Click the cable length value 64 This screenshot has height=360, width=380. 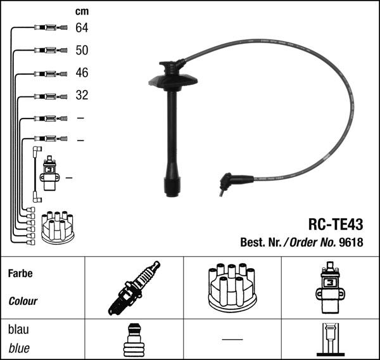coord(82,28)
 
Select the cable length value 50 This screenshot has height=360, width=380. coord(82,50)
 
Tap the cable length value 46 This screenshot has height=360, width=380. coord(82,73)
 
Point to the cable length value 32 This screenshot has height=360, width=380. coord(82,95)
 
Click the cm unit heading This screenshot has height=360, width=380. coord(82,11)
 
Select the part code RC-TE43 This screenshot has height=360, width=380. coord(336,224)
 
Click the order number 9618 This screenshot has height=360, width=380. coord(351,242)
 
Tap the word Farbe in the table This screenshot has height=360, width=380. coord(20,273)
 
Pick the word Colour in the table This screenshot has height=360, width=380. coord(23,301)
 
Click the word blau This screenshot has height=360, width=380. coord(18,330)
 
